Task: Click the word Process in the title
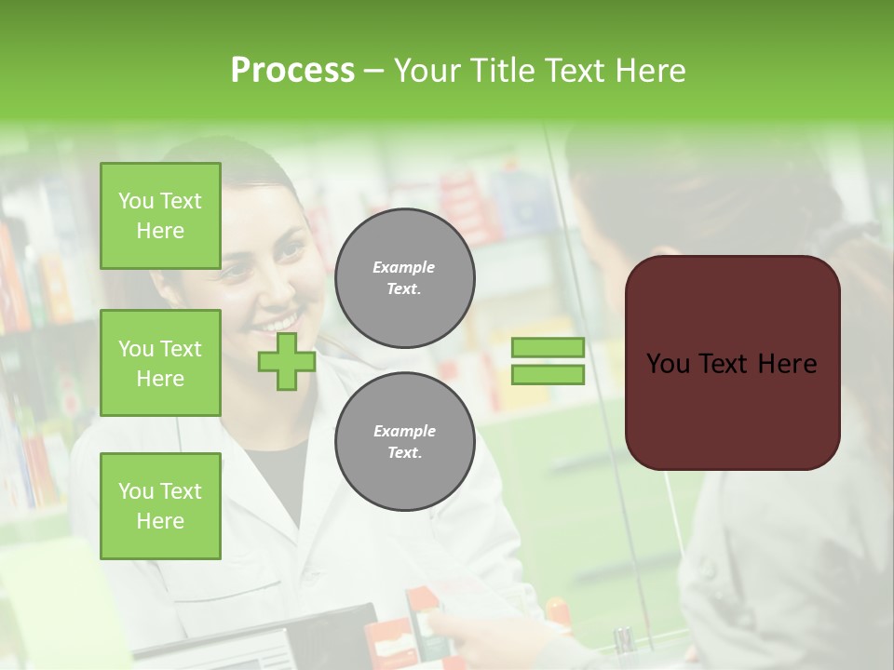coord(292,71)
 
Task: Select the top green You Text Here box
coord(160,216)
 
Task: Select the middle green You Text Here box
coord(160,363)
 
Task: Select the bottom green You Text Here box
coord(160,505)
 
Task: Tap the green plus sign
coord(287,362)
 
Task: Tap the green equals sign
coord(548,361)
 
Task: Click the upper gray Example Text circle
coord(404,277)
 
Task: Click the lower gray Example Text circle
coord(404,441)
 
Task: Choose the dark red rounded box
coord(732,362)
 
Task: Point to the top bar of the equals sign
coord(548,348)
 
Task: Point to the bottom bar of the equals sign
coord(548,375)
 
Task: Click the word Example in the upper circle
coord(404,267)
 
